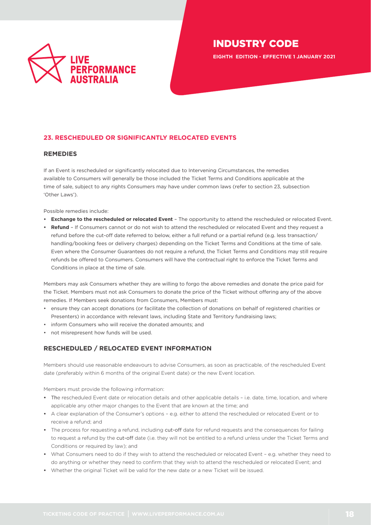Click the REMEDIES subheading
(60, 154)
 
